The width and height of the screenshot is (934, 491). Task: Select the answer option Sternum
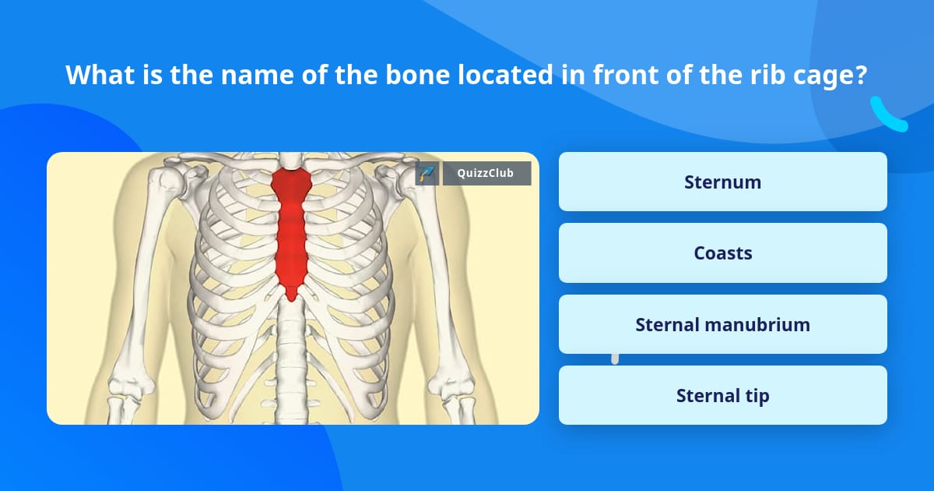722,182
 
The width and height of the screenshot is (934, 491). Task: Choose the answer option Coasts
722,253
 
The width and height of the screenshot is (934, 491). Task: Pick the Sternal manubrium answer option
722,324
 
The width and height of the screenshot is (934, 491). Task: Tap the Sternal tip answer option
722,396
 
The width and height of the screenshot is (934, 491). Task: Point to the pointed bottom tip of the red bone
291,296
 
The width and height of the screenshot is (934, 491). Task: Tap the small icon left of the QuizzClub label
427,173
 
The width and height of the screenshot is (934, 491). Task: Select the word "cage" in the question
831,75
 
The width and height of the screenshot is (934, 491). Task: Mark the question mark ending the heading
862,75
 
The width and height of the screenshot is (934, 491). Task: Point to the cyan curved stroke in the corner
887,117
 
